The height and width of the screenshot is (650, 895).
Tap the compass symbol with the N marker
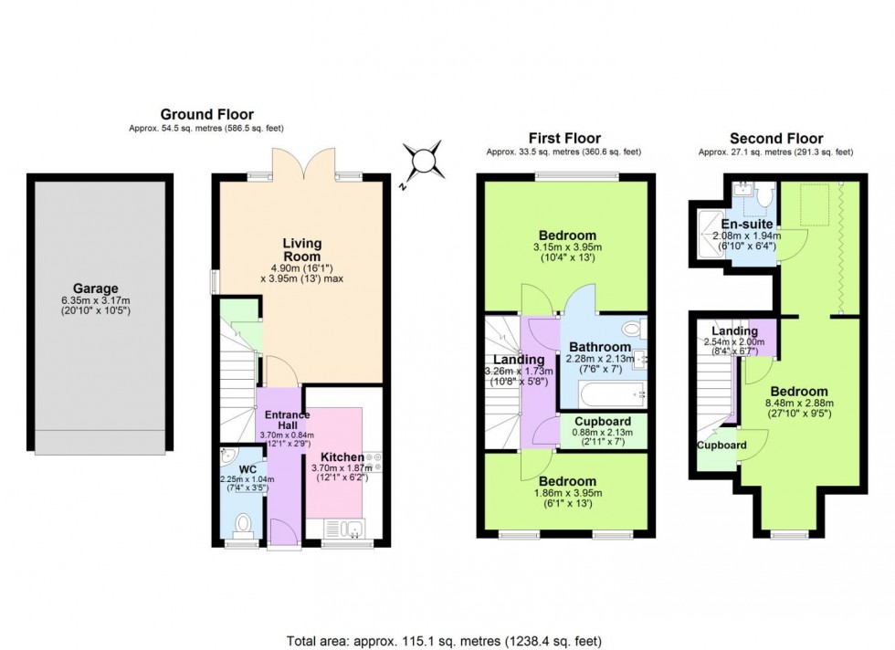tap(426, 162)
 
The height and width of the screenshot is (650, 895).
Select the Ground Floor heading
tap(194, 114)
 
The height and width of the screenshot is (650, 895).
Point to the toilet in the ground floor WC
tap(243, 524)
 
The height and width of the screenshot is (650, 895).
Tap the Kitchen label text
tap(342, 456)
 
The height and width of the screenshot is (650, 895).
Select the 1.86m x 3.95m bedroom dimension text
tap(566, 493)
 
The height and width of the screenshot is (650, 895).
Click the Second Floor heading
tap(775, 138)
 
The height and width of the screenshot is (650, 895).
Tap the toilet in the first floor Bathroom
tap(631, 329)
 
